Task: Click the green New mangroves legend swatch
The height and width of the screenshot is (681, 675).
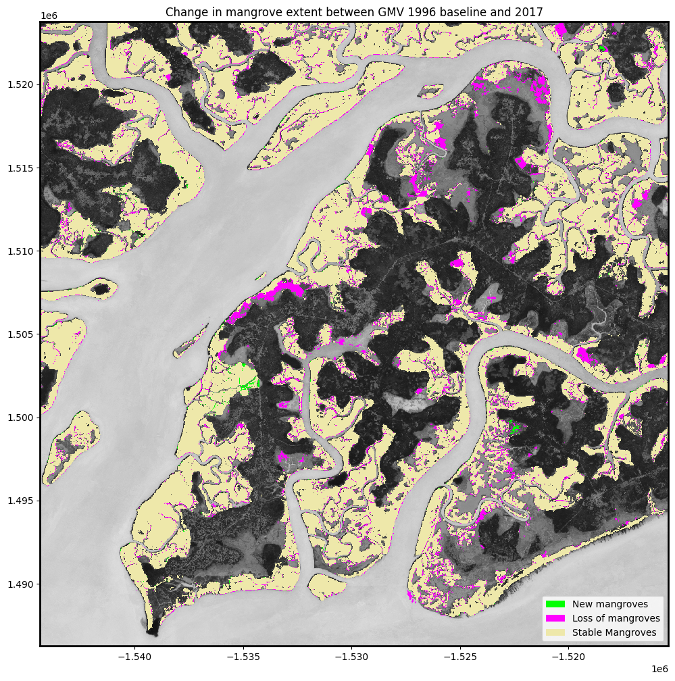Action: coord(555,604)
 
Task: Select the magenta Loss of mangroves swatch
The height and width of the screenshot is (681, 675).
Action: coord(555,618)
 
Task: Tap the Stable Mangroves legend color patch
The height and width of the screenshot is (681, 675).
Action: coord(555,633)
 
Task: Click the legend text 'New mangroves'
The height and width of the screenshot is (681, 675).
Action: coord(609,604)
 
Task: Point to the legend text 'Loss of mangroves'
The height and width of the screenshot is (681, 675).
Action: coord(616,618)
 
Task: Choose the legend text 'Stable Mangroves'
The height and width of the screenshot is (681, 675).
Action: coord(614,633)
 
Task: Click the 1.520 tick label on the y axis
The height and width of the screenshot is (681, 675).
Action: coord(20,84)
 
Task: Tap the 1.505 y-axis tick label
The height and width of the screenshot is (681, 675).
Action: coord(20,334)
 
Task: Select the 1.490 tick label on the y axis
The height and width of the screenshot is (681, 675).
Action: coord(20,584)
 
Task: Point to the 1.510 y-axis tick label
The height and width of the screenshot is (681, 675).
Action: coord(20,251)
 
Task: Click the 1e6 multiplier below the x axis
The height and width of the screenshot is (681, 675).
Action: coord(659,669)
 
